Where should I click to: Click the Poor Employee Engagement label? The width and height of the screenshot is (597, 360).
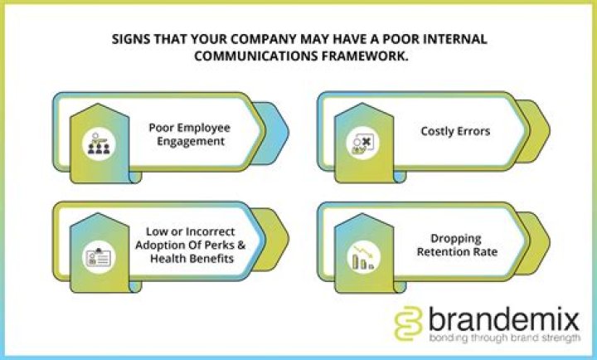(x=189, y=134)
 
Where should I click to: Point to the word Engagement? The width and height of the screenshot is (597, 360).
(x=189, y=142)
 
